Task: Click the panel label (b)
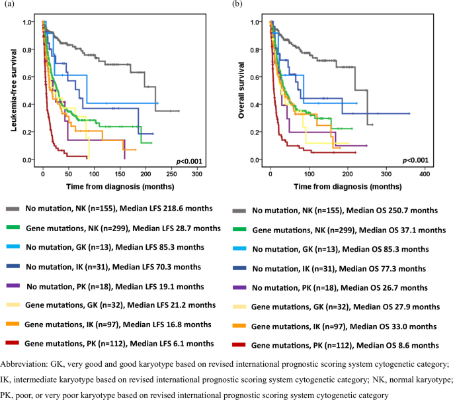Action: [x=236, y=5]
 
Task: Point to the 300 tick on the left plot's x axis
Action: [x=197, y=174]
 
